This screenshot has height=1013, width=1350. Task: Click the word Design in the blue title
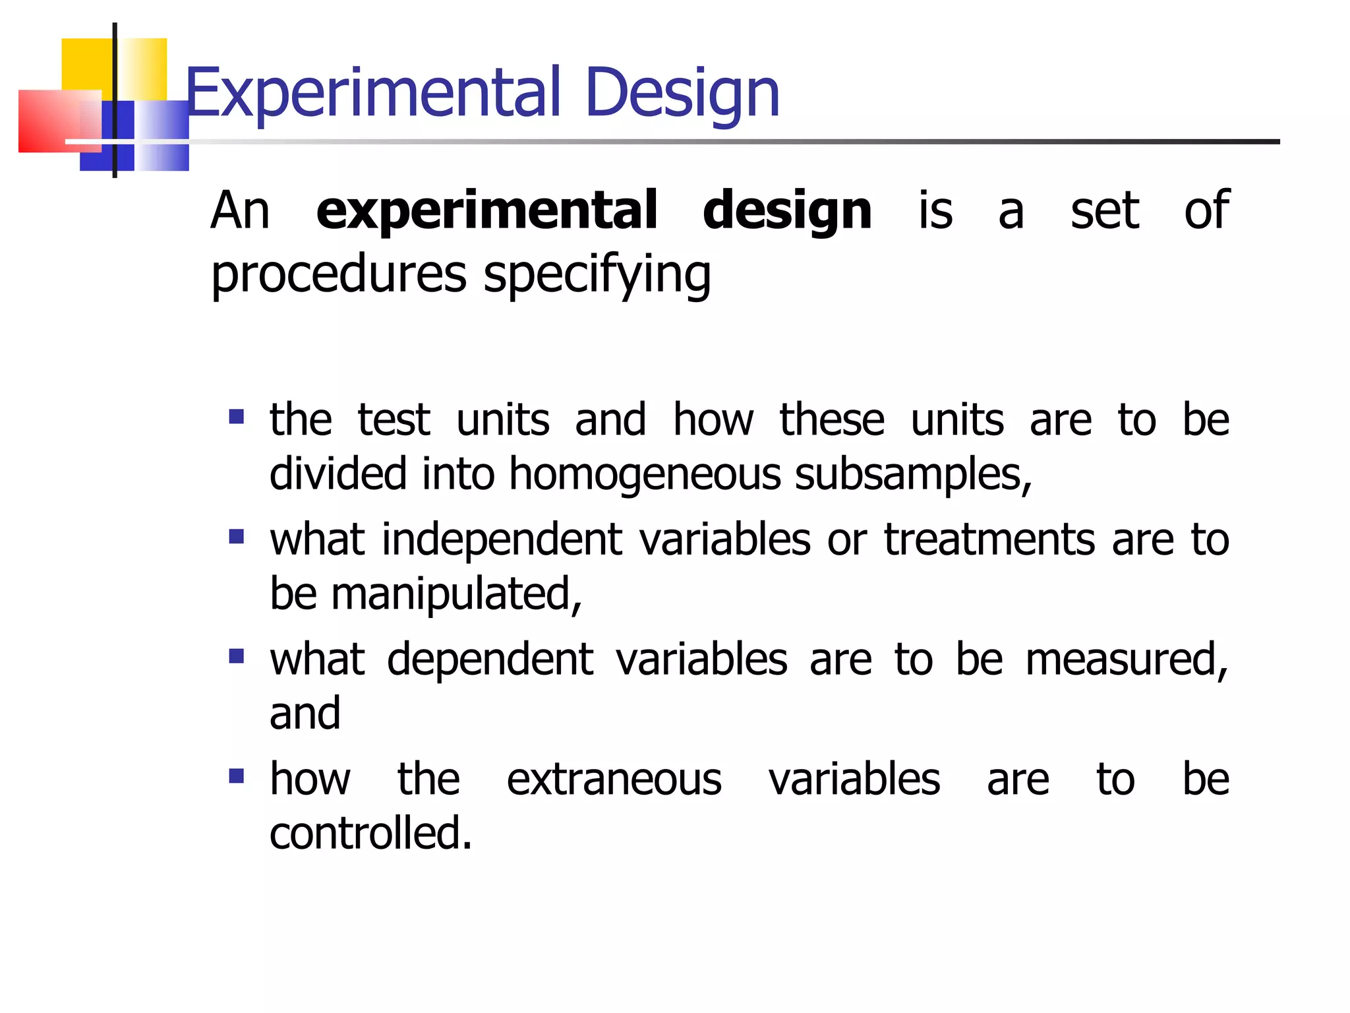682,94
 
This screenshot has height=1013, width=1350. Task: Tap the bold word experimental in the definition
486,211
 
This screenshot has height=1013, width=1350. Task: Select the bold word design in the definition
787,211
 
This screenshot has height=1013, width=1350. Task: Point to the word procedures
339,274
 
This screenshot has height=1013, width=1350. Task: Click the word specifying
597,274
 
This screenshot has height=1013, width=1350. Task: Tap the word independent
502,539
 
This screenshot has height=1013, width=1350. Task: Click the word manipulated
456,594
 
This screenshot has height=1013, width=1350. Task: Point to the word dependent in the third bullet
490,659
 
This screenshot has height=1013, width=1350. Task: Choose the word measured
1127,659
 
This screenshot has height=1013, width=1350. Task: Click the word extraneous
614,779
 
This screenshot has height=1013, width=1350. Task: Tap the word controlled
370,833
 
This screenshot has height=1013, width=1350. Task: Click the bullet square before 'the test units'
237,417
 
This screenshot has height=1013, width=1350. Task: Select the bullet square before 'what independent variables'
237,536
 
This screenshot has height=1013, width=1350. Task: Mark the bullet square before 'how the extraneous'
237,776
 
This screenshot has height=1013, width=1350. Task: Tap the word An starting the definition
240,211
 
